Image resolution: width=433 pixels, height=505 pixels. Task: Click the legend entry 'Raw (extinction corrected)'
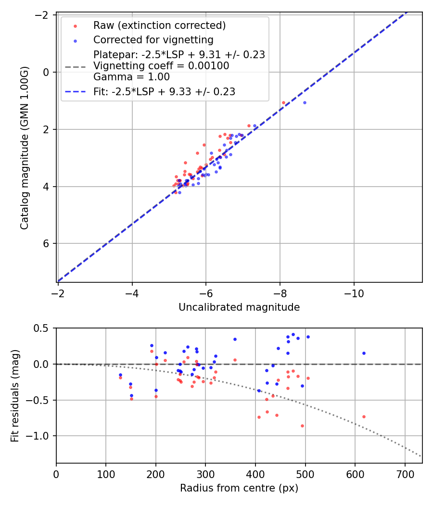click(x=159, y=25)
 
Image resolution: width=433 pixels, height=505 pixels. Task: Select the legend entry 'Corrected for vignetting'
click(x=153, y=39)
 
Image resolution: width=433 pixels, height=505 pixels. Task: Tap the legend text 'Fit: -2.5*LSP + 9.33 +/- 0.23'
click(x=164, y=91)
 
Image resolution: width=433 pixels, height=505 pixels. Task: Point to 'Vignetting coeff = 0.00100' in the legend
click(x=161, y=65)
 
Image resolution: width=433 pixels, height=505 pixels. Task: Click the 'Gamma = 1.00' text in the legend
click(x=131, y=76)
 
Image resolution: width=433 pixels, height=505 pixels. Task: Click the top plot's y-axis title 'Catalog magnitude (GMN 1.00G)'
click(x=25, y=148)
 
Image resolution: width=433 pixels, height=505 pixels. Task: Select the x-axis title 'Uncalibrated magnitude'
click(x=239, y=307)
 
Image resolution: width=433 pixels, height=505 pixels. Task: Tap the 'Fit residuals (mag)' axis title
click(x=15, y=395)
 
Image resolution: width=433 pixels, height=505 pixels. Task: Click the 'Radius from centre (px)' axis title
click(x=239, y=488)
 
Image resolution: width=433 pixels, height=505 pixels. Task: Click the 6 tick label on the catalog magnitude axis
click(x=47, y=243)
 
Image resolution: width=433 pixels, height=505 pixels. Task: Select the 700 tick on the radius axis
click(x=405, y=474)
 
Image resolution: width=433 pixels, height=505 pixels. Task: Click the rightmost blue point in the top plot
click(x=305, y=102)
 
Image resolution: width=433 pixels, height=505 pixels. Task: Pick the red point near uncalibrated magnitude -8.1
click(x=283, y=102)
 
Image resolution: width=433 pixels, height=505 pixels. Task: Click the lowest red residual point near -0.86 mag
click(x=302, y=426)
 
